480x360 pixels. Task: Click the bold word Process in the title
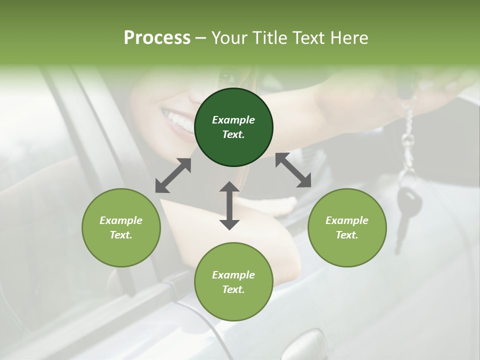(x=157, y=38)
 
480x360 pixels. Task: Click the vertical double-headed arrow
(x=229, y=205)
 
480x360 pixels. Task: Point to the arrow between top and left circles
(x=173, y=175)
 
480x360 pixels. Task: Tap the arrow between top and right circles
(x=293, y=170)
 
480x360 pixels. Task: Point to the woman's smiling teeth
(x=177, y=120)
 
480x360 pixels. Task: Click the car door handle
(x=307, y=345)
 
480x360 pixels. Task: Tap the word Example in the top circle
(x=233, y=120)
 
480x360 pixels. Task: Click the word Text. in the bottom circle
(x=233, y=289)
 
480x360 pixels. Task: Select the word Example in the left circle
(x=121, y=220)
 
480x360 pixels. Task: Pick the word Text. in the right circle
(x=347, y=235)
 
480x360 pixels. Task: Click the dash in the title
(x=200, y=38)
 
